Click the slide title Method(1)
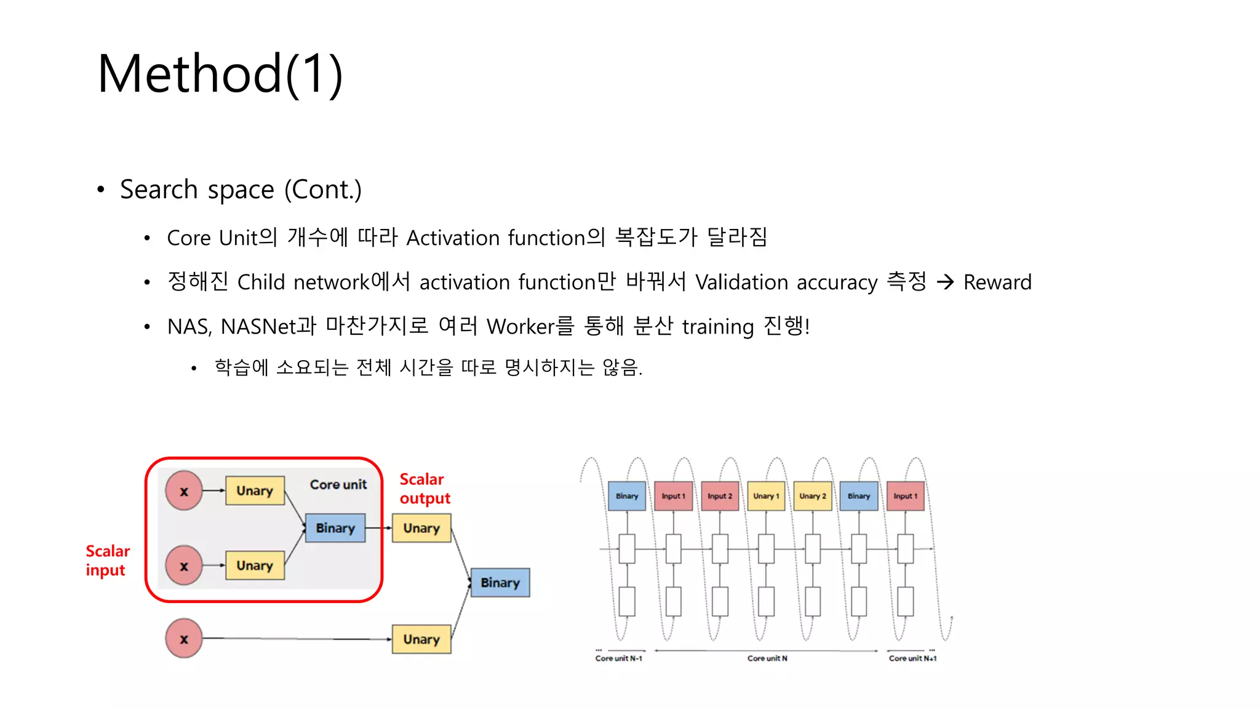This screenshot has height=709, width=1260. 220,74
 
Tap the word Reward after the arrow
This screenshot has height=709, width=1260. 997,282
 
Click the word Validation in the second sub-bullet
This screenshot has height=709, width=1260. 741,282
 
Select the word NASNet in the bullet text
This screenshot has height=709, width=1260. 259,327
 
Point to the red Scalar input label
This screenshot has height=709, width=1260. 107,561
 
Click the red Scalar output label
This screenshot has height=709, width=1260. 424,489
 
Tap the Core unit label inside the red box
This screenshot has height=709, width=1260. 338,484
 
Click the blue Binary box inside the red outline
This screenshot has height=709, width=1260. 335,528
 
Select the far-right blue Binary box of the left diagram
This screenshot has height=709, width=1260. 500,582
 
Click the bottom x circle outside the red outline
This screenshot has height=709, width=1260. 183,639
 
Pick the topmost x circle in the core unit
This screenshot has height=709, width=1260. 183,491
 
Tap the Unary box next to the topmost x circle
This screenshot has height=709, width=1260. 255,491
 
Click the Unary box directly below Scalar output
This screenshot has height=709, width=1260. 421,528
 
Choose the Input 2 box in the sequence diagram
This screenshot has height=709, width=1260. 720,496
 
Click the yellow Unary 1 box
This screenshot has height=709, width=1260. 766,496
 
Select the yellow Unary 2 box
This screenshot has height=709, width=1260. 812,496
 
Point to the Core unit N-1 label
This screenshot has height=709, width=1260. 618,659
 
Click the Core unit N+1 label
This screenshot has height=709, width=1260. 912,659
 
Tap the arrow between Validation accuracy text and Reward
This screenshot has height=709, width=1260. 945,282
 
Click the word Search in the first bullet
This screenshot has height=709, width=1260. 158,190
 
